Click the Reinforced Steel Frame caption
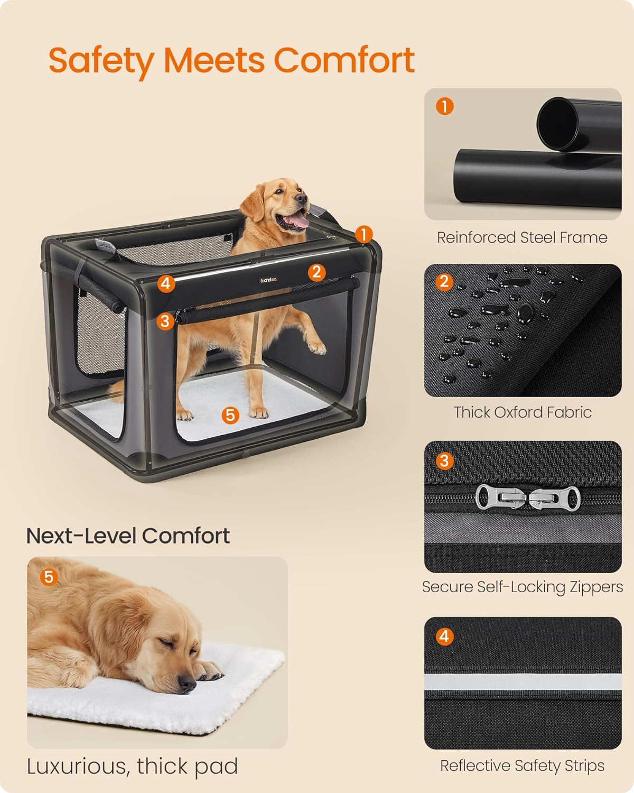click(522, 237)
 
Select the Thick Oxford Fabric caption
click(522, 412)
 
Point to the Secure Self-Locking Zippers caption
click(522, 587)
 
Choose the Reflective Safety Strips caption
click(522, 766)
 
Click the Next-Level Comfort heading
click(128, 536)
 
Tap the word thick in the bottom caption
click(161, 766)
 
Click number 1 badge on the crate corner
click(364, 234)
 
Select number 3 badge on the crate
click(165, 320)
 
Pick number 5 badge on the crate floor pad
click(230, 415)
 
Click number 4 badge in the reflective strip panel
click(444, 636)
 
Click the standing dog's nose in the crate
click(301, 198)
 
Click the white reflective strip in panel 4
click(522, 682)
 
